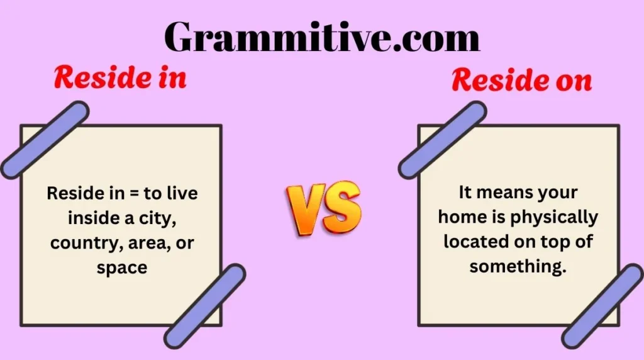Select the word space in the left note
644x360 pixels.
coord(121,267)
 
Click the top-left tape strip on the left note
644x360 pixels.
coord(44,140)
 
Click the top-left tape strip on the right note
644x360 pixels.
coord(442,140)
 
